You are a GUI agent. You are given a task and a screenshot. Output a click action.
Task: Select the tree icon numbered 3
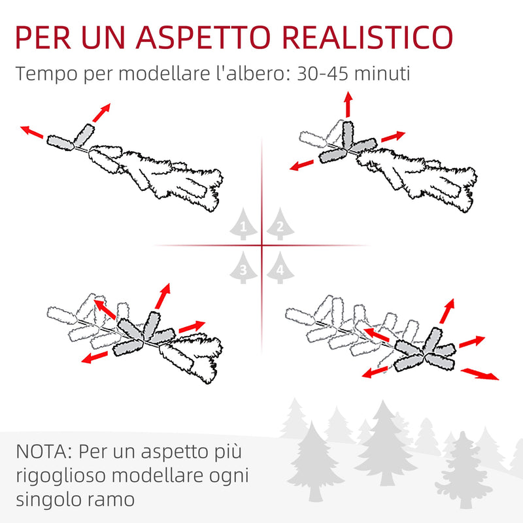243,267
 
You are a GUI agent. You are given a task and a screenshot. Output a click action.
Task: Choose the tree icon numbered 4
280,267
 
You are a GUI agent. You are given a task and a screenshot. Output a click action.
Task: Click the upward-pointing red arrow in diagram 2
348,104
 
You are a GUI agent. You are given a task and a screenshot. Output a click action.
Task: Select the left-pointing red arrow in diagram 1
31,132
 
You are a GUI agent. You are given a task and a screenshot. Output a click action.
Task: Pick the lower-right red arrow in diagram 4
480,374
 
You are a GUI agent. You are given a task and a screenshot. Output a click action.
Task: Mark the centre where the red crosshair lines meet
261,246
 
